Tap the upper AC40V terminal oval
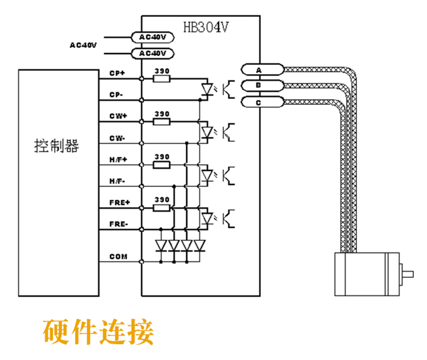[x=152, y=37]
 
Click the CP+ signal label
[x=118, y=73]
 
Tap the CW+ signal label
[x=118, y=116]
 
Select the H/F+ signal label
[x=118, y=159]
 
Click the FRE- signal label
[x=118, y=224]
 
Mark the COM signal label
[x=118, y=256]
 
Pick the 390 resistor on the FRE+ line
[x=162, y=208]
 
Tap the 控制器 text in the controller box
[x=56, y=146]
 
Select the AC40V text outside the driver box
[x=83, y=44]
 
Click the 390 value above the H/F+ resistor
[x=162, y=157]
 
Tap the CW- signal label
[x=118, y=138]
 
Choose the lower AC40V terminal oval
[x=152, y=54]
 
